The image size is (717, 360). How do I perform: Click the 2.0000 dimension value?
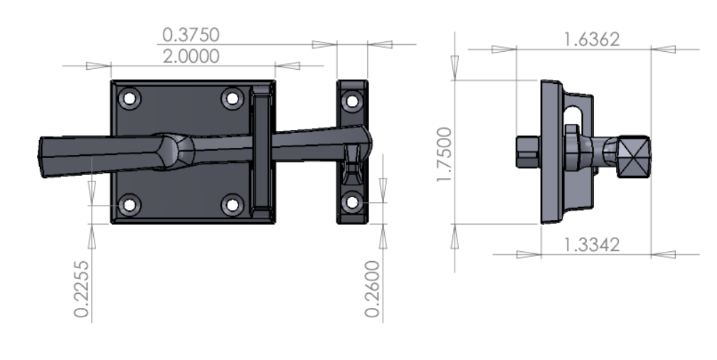[191, 56]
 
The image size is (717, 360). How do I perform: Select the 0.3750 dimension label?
[191, 34]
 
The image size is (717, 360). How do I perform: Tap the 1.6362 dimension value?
[590, 39]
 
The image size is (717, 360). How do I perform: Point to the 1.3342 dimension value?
[590, 244]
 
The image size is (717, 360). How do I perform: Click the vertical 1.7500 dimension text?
[445, 154]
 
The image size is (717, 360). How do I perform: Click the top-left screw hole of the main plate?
[129, 98]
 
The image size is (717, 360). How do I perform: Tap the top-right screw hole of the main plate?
[232, 98]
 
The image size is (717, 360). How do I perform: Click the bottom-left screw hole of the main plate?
[129, 206]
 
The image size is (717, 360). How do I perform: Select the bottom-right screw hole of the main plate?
[232, 206]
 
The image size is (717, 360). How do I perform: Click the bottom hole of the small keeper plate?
[352, 203]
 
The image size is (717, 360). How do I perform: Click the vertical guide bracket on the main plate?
[261, 153]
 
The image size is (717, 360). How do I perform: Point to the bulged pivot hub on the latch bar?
[176, 151]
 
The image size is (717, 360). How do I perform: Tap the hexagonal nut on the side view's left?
[527, 152]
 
